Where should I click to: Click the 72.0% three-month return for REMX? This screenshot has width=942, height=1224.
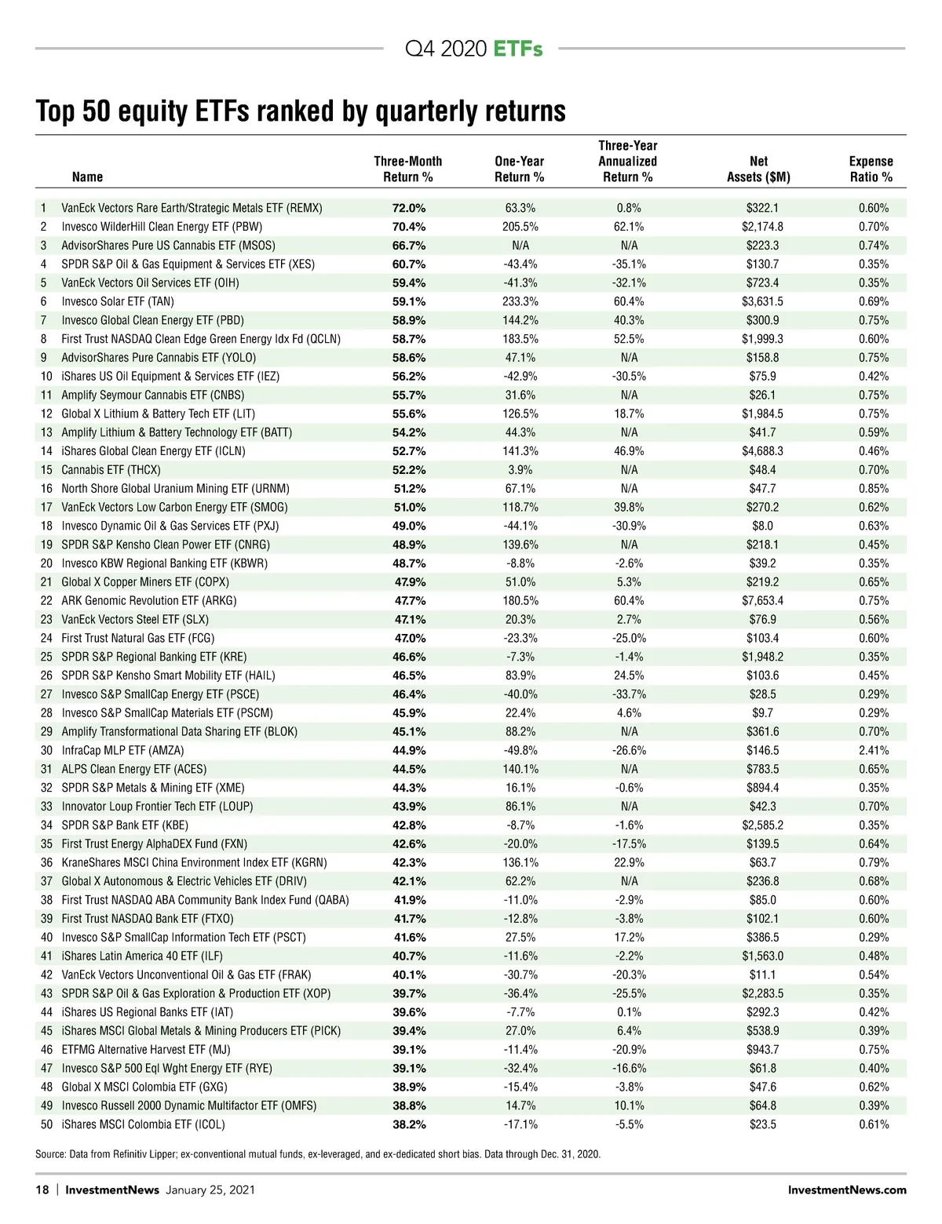tap(408, 208)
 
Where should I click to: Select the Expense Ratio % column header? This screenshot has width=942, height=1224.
tap(871, 169)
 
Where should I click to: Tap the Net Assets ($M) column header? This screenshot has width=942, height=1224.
tap(758, 169)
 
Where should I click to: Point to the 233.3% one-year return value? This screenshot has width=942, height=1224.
tap(520, 301)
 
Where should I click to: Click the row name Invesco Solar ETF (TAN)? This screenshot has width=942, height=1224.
tap(118, 301)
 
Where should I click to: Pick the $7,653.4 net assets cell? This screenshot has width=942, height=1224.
tap(762, 600)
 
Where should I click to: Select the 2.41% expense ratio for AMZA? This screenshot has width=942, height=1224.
tap(873, 750)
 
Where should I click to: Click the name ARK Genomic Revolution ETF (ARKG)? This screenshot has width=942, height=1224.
tap(149, 600)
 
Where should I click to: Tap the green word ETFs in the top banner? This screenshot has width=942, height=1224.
tap(518, 49)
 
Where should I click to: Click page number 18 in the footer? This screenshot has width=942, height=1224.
tap(42, 1189)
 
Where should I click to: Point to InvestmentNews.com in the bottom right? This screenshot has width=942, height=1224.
tap(847, 1189)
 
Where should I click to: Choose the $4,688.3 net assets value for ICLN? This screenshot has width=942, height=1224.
tap(762, 451)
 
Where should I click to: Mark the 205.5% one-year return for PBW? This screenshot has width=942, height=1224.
tap(520, 227)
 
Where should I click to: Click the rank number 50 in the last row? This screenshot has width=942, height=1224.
tap(47, 1124)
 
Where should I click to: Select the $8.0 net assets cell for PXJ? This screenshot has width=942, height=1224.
tap(762, 526)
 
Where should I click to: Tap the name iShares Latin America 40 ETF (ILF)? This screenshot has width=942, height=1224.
tap(142, 956)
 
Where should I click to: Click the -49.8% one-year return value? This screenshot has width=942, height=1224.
tap(520, 750)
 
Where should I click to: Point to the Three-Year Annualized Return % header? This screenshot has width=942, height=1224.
tap(628, 161)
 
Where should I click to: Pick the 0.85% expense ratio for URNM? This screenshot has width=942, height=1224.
tap(873, 488)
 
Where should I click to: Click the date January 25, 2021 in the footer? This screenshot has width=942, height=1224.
tap(210, 1189)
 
